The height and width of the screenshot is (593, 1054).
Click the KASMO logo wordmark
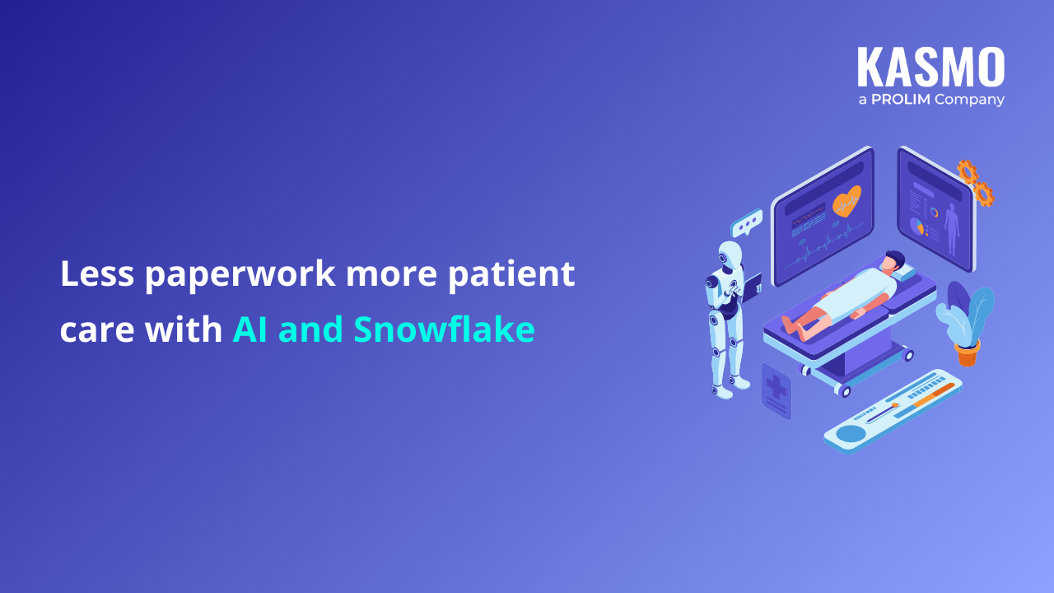click(931, 67)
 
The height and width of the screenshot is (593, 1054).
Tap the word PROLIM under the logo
click(901, 100)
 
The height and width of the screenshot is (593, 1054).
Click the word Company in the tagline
click(969, 100)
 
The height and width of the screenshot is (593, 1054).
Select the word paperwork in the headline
click(240, 274)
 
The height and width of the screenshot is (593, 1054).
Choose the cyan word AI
click(250, 329)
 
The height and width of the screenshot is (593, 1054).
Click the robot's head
click(730, 255)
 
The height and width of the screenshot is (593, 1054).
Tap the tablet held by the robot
click(752, 287)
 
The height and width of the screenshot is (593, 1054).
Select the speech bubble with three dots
click(746, 223)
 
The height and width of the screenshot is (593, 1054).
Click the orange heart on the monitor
click(847, 202)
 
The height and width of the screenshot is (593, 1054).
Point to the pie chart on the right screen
click(916, 226)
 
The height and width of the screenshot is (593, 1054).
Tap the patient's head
click(892, 262)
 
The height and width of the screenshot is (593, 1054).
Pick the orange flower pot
click(968, 353)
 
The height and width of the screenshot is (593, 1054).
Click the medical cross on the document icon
click(776, 386)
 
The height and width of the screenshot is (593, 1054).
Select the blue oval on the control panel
click(851, 434)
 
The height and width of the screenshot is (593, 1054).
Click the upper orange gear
click(968, 172)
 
